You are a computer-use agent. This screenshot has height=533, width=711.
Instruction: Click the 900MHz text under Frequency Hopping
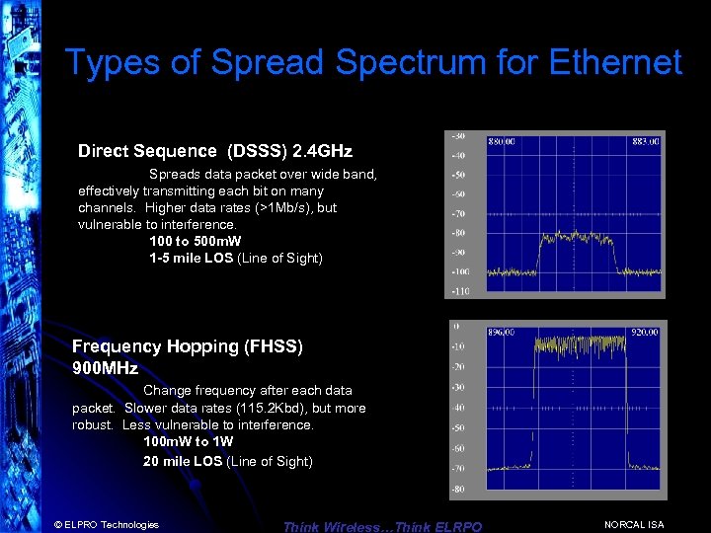click(105, 368)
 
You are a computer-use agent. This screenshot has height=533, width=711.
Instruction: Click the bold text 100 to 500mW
click(196, 242)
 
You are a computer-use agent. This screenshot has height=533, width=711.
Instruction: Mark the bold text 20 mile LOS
click(183, 461)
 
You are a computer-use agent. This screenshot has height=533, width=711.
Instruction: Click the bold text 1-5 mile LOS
click(191, 259)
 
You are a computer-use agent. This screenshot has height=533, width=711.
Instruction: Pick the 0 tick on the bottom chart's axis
click(455, 326)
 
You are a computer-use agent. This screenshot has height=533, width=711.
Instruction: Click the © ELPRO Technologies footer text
click(107, 524)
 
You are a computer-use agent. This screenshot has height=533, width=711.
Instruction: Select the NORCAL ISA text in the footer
click(634, 524)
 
